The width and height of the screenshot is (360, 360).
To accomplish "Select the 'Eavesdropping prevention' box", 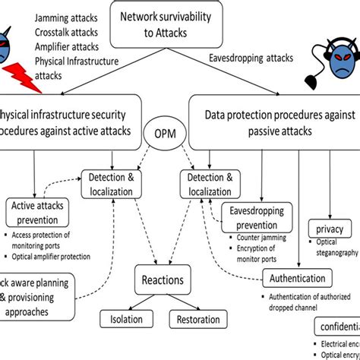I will (x=257, y=219).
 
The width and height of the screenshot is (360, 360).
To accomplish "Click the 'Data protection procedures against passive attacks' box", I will (x=273, y=121).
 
